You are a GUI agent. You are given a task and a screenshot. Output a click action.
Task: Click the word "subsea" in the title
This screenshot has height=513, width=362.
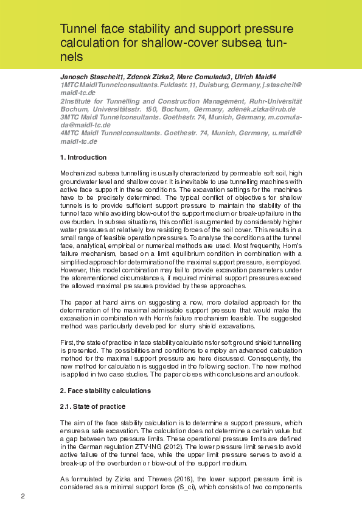pos(244,43)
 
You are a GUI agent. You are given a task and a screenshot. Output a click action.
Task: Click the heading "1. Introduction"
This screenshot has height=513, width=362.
pos(83,157)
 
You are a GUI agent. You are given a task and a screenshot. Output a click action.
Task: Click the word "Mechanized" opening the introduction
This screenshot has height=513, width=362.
pos(77,174)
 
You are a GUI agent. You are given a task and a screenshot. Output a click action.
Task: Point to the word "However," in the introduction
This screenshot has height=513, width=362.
pos(72,269)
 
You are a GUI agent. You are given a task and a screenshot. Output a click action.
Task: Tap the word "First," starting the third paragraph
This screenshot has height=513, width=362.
pos(68,343)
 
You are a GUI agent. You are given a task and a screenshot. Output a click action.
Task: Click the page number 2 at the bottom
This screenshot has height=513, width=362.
pos(23,496)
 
